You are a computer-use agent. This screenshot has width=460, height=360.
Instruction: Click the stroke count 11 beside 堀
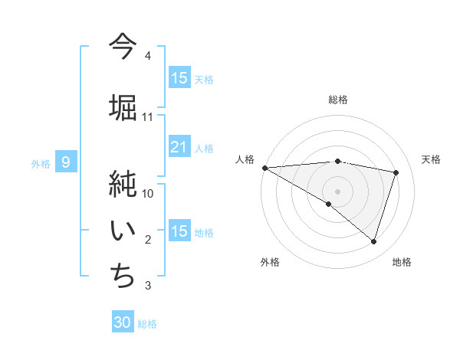pyautogui.click(x=148, y=117)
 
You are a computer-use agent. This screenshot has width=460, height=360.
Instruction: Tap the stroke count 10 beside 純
pyautogui.click(x=148, y=194)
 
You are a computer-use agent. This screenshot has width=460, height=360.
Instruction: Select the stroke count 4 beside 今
pyautogui.click(x=148, y=56)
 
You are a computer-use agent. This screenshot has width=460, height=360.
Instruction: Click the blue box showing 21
pyautogui.click(x=179, y=148)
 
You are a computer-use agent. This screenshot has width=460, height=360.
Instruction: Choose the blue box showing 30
pyautogui.click(x=123, y=323)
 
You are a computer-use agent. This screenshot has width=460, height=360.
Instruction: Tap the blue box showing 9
pyautogui.click(x=67, y=162)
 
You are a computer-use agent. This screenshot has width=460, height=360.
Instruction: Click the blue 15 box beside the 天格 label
pyautogui.click(x=179, y=78)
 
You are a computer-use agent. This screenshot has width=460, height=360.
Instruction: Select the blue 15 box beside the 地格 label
pyautogui.click(x=179, y=232)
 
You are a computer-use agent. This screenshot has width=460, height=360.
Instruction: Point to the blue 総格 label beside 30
pyautogui.click(x=147, y=324)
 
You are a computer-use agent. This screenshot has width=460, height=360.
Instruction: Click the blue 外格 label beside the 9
pyautogui.click(x=41, y=163)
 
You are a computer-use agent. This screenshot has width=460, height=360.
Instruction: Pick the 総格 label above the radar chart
pyautogui.click(x=337, y=100)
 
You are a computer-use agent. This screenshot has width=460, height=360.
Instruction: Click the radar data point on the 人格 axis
pyautogui.click(x=264, y=167)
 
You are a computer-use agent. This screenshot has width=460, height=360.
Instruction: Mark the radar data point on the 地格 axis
pyautogui.click(x=373, y=241)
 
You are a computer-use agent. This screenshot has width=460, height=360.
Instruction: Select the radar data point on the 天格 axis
pyautogui.click(x=396, y=172)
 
